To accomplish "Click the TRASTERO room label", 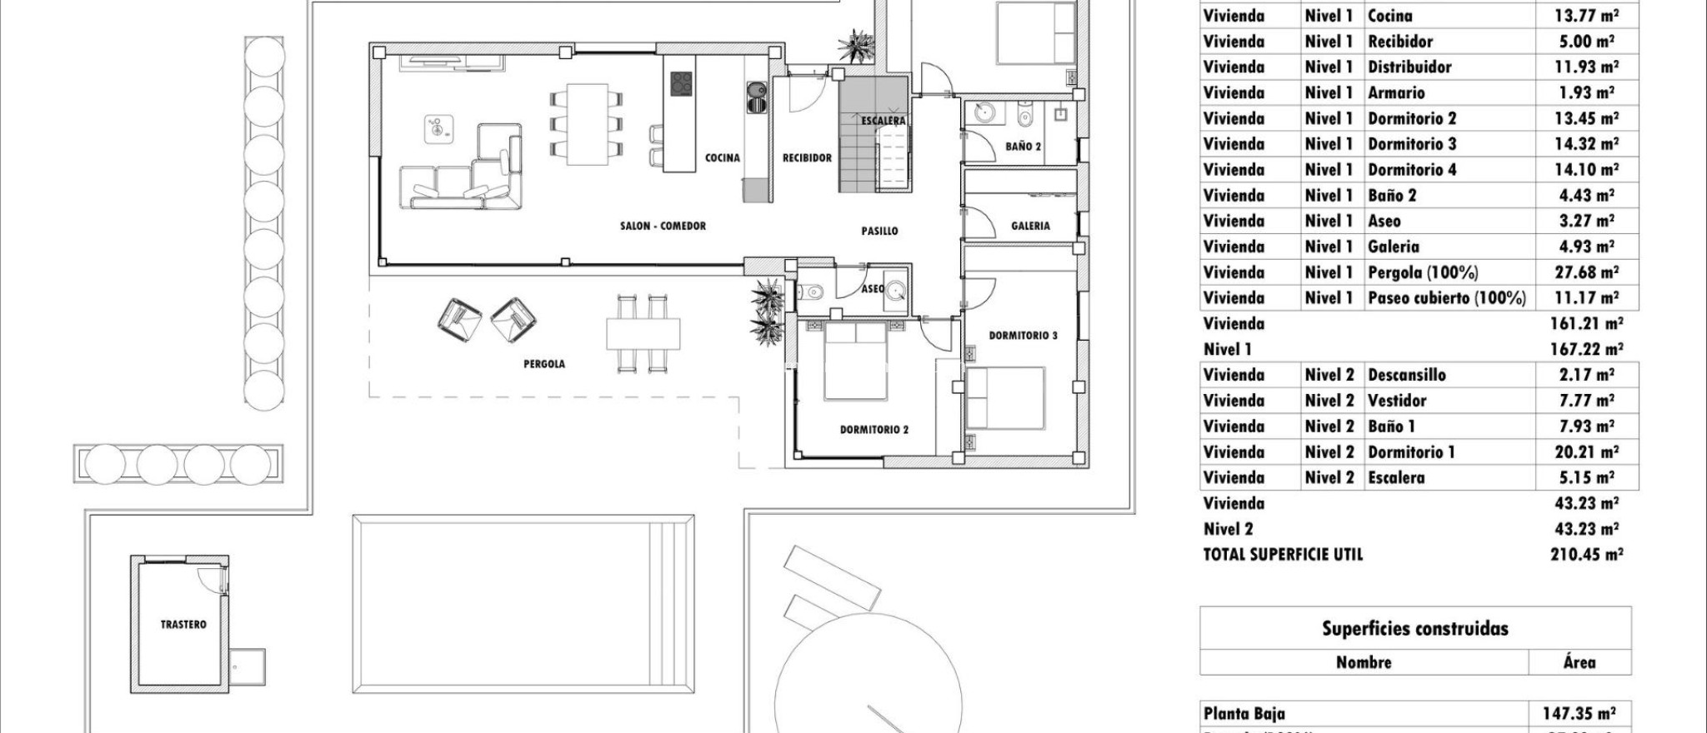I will pos(183,624).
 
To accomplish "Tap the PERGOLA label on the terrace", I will pos(544,364).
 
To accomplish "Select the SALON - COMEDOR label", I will pos(663,226).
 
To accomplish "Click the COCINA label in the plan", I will pos(722,157).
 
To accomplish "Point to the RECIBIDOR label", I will pos(807,157).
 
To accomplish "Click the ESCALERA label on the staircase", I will pos(884,121).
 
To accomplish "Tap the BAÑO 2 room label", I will pos(1023,147).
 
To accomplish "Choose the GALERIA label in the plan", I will pos(1030,226).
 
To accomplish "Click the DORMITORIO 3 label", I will pos(1023,336).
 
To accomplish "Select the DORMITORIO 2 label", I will pos(874,430).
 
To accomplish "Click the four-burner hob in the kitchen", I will pos(682,82).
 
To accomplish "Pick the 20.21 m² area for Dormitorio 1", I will pos(1586,452).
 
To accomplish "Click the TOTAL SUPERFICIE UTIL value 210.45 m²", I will pos(1586,555).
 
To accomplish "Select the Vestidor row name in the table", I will pos(1397,401).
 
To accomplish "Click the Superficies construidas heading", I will pos(1414,629).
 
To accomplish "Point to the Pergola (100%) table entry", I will pos(1423,272).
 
